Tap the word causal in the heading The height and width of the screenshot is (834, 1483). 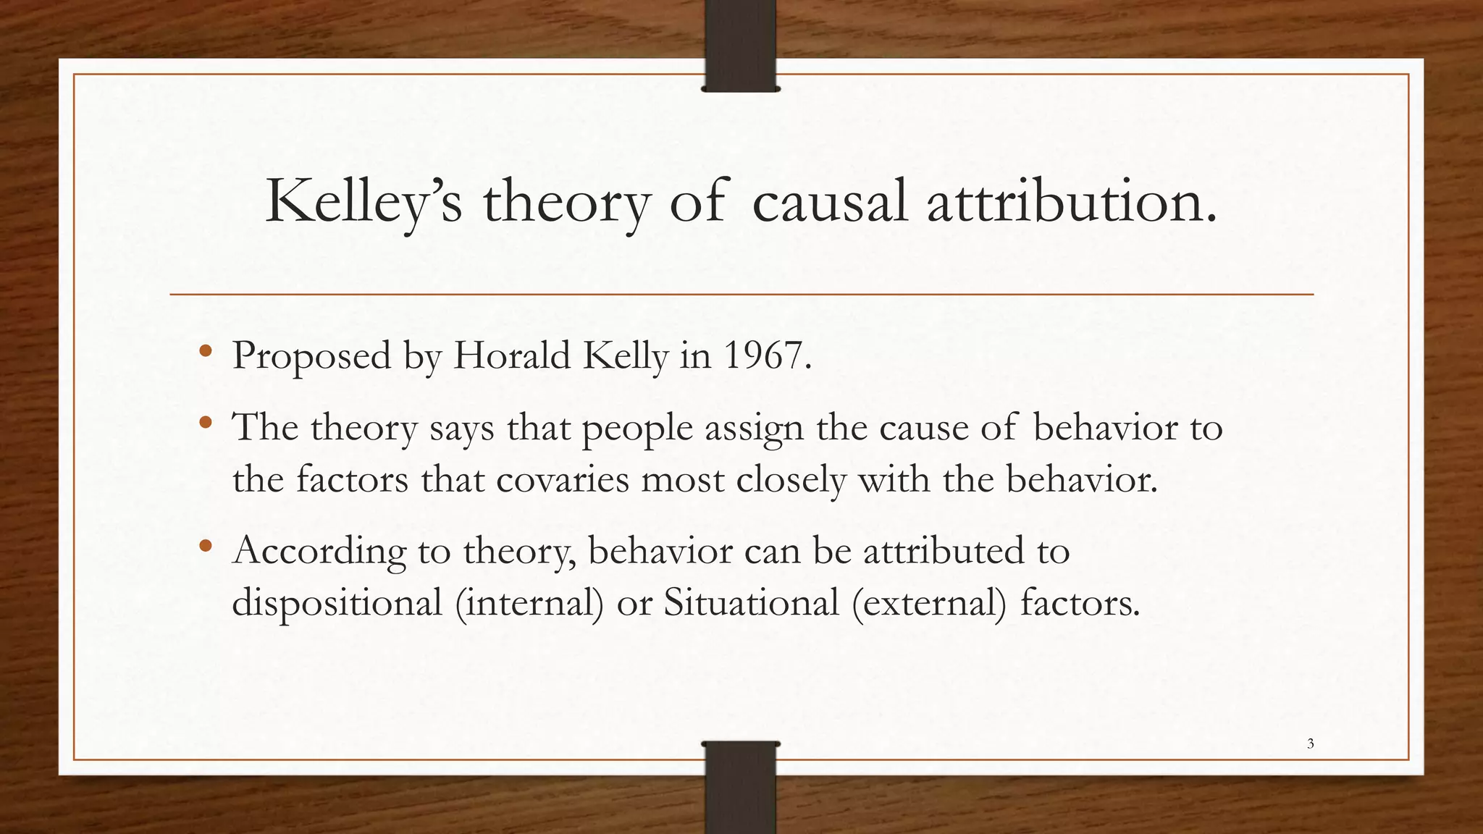point(829,202)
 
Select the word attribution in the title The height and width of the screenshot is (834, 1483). point(1072,202)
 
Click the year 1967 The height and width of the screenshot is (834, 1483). point(767,355)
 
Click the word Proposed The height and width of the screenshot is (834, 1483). point(311,355)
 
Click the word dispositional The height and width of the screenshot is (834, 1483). point(337,602)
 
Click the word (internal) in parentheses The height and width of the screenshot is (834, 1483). point(529,602)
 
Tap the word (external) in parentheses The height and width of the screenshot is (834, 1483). point(929,602)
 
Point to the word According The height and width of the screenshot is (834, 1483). point(319,551)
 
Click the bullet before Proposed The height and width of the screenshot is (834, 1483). point(206,352)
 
